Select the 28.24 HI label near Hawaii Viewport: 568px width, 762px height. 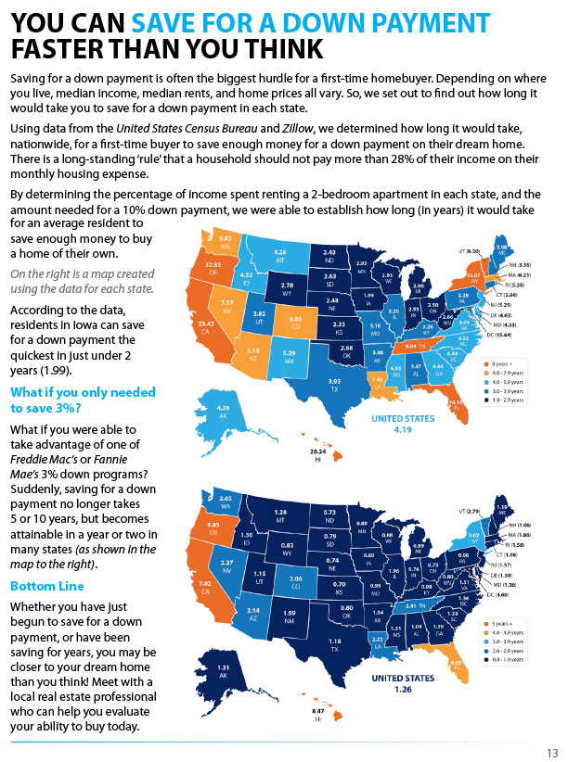pyautogui.click(x=317, y=454)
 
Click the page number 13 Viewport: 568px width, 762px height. pyautogui.click(x=551, y=752)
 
